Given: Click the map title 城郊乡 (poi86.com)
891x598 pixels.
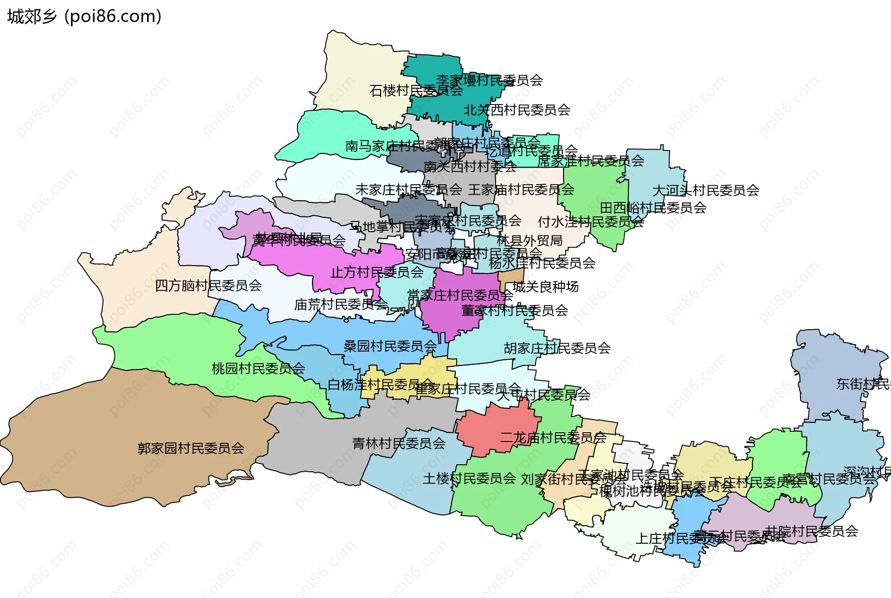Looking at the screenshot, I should [x=84, y=17].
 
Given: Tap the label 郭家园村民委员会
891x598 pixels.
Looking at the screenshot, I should [x=191, y=448].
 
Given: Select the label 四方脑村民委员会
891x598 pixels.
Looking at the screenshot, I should [x=208, y=286].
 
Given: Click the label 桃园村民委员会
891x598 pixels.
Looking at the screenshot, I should [x=258, y=369].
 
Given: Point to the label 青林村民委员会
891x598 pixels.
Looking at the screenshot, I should [x=399, y=443].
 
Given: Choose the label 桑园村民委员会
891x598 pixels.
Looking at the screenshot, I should [x=390, y=346].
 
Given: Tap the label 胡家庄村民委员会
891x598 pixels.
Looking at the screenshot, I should [x=557, y=348].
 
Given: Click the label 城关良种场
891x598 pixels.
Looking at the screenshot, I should [x=545, y=287].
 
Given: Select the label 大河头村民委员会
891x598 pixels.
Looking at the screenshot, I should [x=705, y=190].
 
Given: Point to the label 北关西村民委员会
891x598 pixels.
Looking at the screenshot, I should [x=517, y=110].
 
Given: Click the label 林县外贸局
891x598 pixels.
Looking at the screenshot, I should [x=529, y=240].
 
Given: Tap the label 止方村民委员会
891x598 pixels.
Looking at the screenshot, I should [x=377, y=272].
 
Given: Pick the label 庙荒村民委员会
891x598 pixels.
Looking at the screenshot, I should [x=341, y=305].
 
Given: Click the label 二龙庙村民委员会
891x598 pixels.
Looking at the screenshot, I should [x=553, y=438].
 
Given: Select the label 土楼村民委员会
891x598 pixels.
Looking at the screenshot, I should [x=469, y=479].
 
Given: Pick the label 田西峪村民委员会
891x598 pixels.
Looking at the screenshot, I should [x=653, y=208].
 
